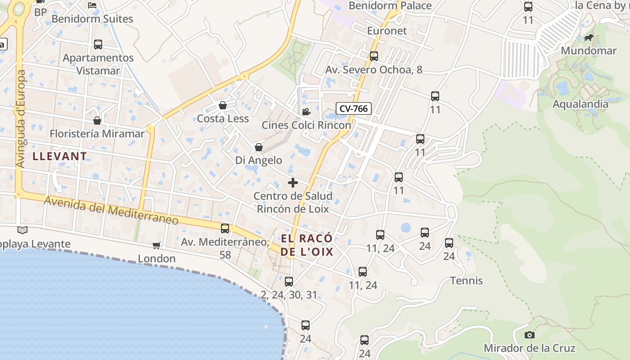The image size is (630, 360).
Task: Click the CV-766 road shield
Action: point(353,108)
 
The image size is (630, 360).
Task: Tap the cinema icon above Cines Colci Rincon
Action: point(306,112)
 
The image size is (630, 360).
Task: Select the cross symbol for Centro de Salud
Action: point(293,183)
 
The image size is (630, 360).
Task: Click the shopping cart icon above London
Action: point(156,245)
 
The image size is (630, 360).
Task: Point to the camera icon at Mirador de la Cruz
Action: point(530,335)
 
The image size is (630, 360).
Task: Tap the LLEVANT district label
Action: point(60,157)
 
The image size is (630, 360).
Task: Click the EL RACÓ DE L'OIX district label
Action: point(307,245)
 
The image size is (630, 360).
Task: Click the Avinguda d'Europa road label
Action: point(21,119)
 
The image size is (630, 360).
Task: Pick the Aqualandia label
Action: point(580,104)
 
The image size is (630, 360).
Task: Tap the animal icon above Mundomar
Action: point(588,37)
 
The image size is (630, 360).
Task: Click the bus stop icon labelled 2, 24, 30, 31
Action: point(289,282)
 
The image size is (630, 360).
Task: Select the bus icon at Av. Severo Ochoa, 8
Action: point(373,56)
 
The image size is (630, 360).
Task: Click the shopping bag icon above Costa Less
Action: point(222,106)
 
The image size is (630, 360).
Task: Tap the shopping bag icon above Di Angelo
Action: point(259,147)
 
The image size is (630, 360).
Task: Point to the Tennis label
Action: point(467,281)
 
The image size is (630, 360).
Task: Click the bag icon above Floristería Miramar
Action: point(97,121)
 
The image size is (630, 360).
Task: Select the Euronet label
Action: point(387,31)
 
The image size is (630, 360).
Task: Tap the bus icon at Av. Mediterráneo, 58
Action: point(225,229)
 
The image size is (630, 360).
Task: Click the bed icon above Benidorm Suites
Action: point(92,5)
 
